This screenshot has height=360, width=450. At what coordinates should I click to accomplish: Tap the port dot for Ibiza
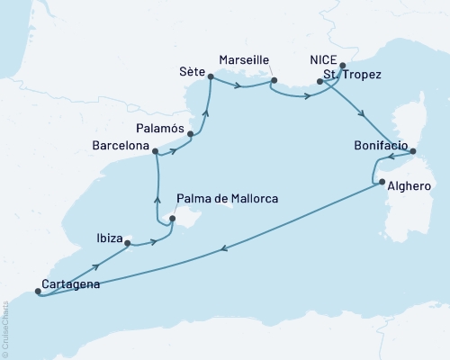pyautogui.click(x=127, y=243)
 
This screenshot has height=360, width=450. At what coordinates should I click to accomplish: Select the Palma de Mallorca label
pyautogui.click(x=227, y=198)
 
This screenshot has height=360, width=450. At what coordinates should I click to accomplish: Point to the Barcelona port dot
pyautogui.click(x=156, y=151)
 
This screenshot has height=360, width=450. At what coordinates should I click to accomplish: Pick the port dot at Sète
pyautogui.click(x=211, y=77)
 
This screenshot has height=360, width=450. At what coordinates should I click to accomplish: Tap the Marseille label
pyautogui.click(x=245, y=59)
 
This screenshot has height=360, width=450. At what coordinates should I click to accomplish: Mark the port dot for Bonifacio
pyautogui.click(x=412, y=152)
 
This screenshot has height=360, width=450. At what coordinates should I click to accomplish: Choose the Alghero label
pyautogui.click(x=409, y=187)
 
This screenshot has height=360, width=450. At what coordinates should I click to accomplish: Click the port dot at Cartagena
pyautogui.click(x=37, y=291)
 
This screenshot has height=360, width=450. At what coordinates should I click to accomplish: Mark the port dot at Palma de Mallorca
pyautogui.click(x=171, y=216)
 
